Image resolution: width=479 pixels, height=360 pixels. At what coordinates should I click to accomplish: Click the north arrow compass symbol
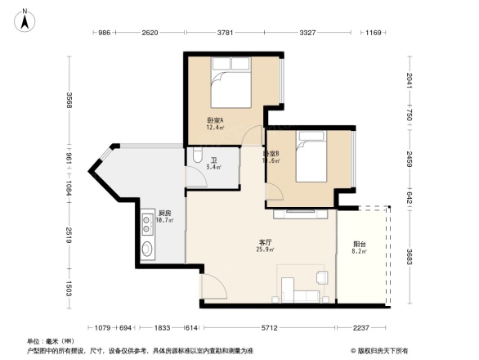tap(25, 19)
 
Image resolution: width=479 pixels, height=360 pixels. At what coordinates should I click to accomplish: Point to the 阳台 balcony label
tap(360, 244)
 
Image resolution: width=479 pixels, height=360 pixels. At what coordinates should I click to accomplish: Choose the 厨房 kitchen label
tap(164, 212)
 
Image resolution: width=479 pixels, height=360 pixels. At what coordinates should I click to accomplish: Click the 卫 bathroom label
tap(213, 160)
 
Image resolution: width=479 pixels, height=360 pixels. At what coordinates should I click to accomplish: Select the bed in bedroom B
tap(311, 160)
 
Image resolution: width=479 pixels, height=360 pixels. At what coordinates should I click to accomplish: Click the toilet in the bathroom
tap(199, 157)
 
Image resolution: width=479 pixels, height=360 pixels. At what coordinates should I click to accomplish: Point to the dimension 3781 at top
tap(228, 33)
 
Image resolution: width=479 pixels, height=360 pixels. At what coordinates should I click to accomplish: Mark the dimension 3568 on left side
tap(70, 101)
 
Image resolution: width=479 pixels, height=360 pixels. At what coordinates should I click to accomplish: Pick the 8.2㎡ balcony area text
tap(360, 252)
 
